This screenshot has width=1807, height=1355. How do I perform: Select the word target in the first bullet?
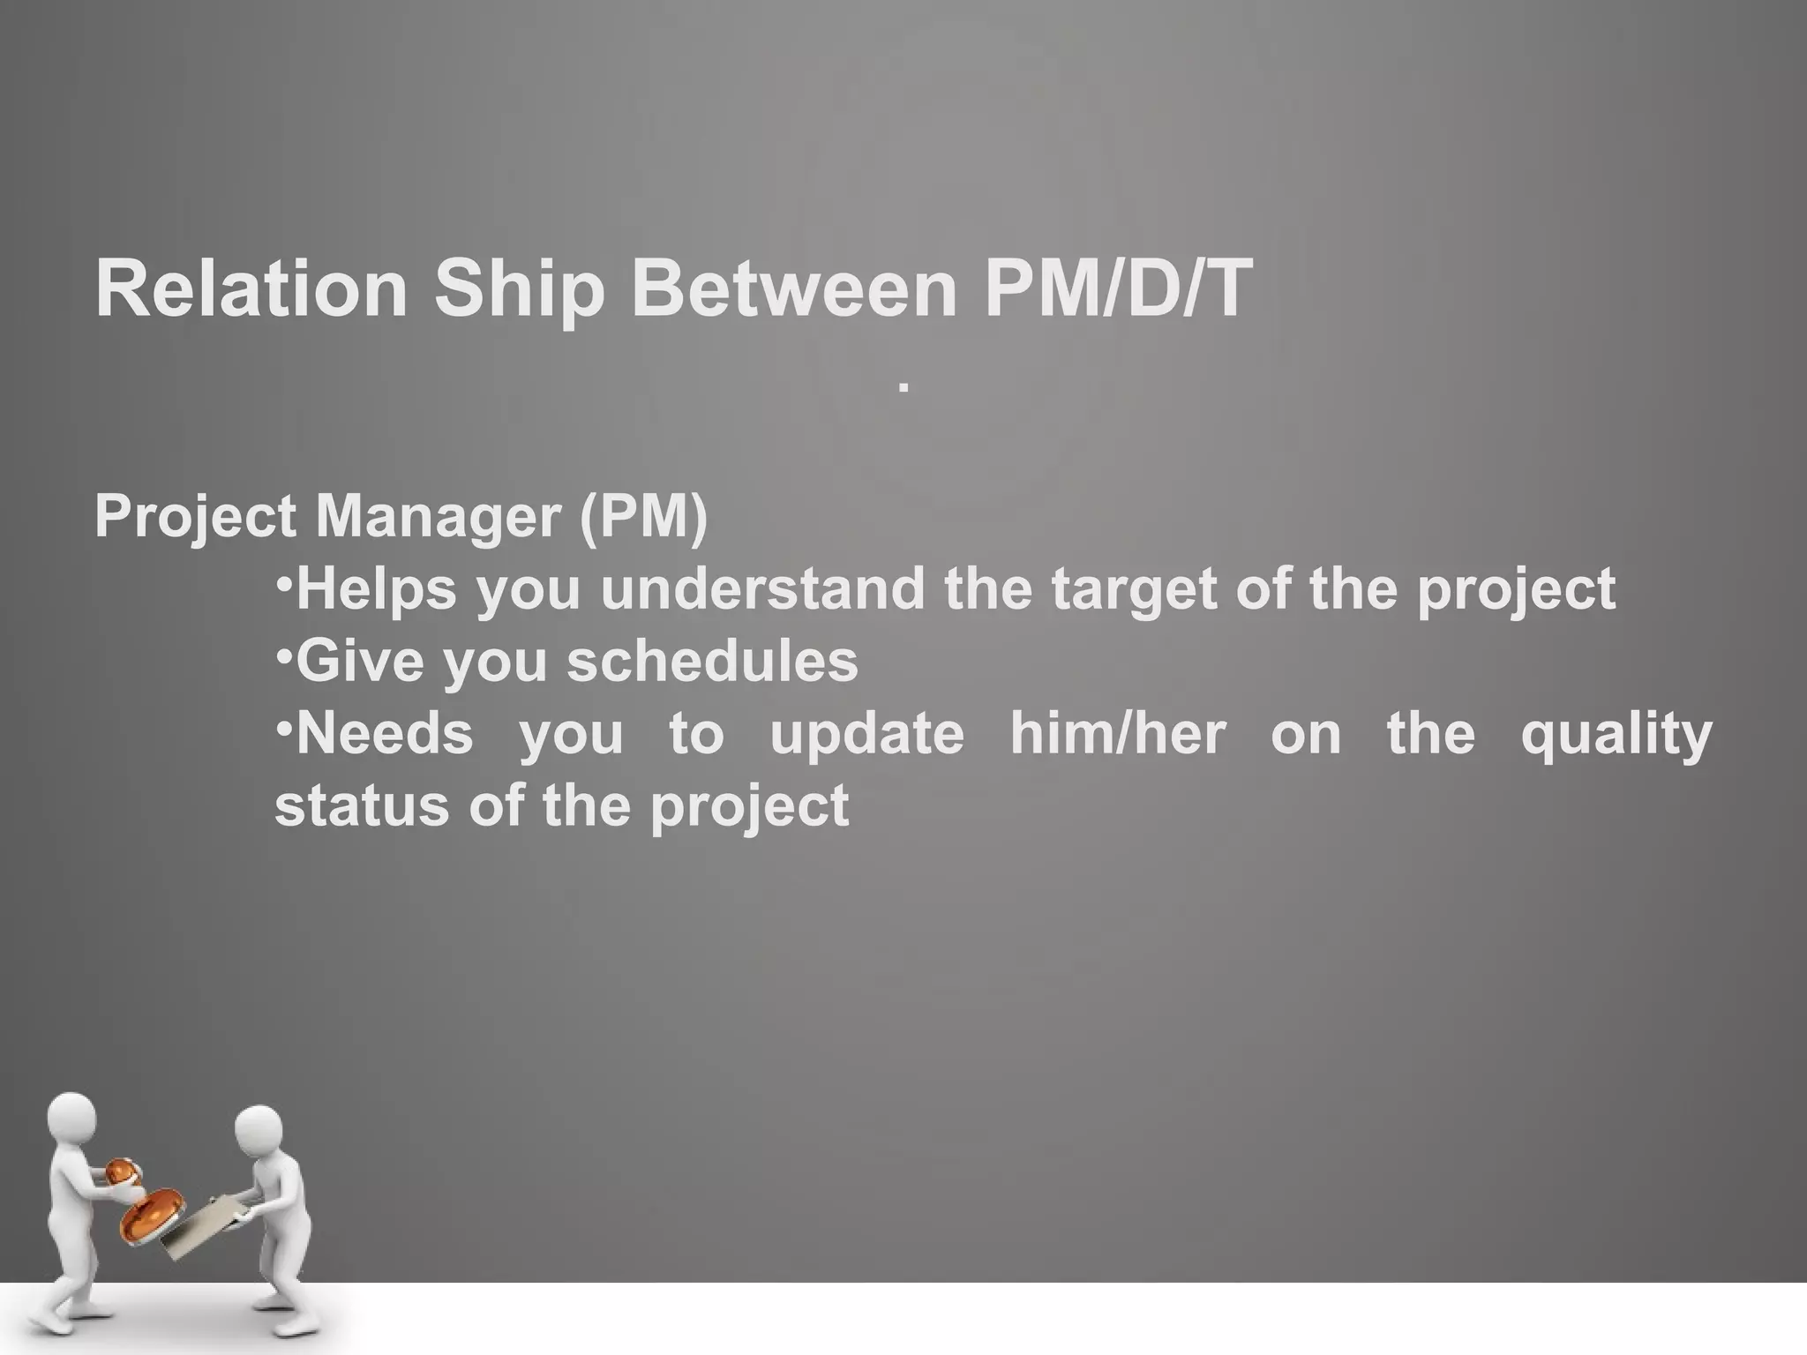(1136, 590)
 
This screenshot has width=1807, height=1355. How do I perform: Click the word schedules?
(711, 661)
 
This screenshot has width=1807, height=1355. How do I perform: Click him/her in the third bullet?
(1118, 733)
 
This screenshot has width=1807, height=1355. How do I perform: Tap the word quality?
(1616, 735)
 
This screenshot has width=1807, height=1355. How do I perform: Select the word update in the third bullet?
(867, 735)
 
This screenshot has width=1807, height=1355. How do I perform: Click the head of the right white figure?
(259, 1130)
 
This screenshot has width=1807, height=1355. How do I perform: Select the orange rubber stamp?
(152, 1213)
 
